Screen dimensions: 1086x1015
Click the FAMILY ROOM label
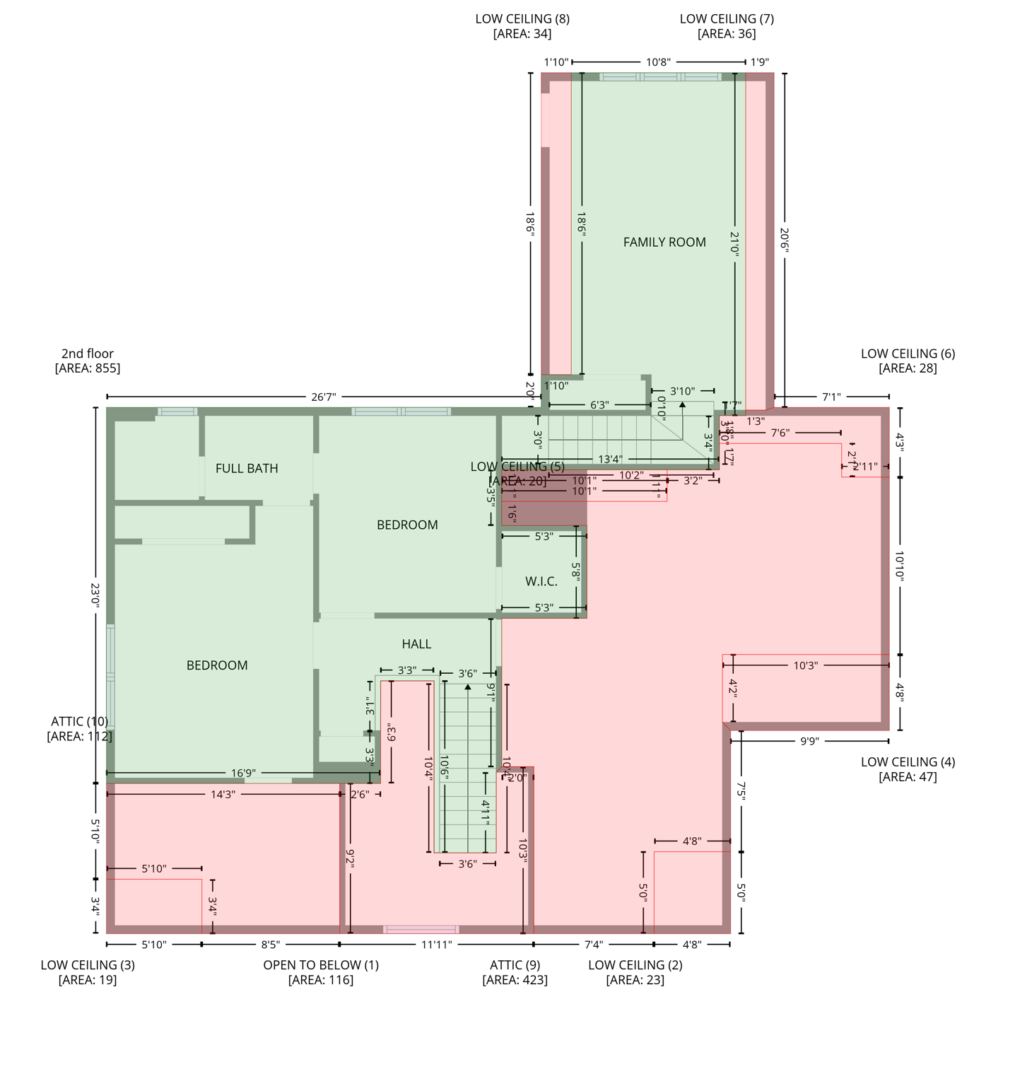[x=664, y=243]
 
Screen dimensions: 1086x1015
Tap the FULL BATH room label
[x=247, y=469]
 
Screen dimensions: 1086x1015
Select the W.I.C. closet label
[x=541, y=582]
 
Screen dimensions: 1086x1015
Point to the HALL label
[x=416, y=644]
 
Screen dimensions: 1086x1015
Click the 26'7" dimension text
[x=324, y=397]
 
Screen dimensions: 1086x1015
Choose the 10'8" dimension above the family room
[x=658, y=62]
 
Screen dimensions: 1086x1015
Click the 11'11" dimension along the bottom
[x=436, y=945]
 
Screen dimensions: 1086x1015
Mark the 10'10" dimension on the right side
[x=900, y=566]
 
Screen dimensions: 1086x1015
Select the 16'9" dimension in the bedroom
[x=243, y=773]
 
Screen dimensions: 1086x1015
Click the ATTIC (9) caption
[x=515, y=965]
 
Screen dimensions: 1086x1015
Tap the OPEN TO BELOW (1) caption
[x=321, y=965]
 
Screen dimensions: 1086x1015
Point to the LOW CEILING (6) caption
[x=908, y=354]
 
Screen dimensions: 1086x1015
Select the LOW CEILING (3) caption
[x=88, y=965]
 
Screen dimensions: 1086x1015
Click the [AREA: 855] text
[x=88, y=368]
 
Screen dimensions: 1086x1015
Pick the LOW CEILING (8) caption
[x=522, y=19]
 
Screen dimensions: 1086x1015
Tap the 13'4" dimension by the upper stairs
[x=610, y=460]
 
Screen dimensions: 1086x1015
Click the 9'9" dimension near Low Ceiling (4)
[x=809, y=741]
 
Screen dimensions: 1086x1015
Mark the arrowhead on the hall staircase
[x=468, y=687]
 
